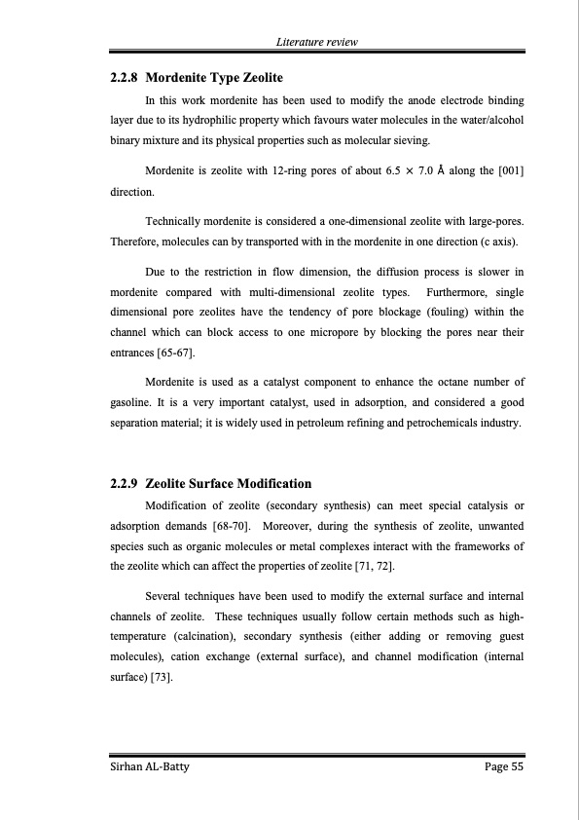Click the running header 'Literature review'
[316, 42]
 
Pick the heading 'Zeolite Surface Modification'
[228, 483]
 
